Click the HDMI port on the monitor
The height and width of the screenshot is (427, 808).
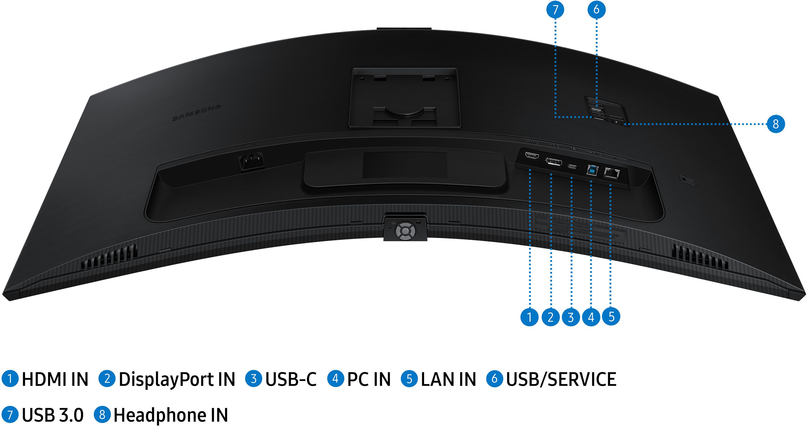tap(532, 155)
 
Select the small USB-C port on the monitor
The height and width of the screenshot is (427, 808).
tap(572, 166)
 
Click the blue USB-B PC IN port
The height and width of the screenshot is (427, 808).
tap(592, 170)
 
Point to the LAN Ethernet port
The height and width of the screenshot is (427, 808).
tap(612, 173)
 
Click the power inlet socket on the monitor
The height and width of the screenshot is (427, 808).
tap(252, 161)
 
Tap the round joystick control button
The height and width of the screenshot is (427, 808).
tap(405, 231)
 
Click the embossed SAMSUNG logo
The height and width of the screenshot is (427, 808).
tap(197, 113)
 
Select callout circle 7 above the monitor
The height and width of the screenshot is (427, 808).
tap(555, 9)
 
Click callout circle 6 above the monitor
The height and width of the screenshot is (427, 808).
tap(596, 9)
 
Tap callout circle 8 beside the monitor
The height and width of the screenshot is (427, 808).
tap(776, 124)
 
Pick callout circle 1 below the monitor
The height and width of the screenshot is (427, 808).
tap(529, 317)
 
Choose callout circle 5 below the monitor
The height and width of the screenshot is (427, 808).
tap(611, 316)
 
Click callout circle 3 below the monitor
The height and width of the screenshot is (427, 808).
tap(571, 317)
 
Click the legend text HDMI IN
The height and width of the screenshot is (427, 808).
tap(55, 379)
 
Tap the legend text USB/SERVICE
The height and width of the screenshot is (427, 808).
tap(561, 379)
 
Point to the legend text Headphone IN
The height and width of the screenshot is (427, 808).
tap(171, 415)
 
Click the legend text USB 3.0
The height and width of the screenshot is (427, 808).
tap(53, 415)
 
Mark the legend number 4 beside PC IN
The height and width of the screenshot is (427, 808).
tap(336, 379)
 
